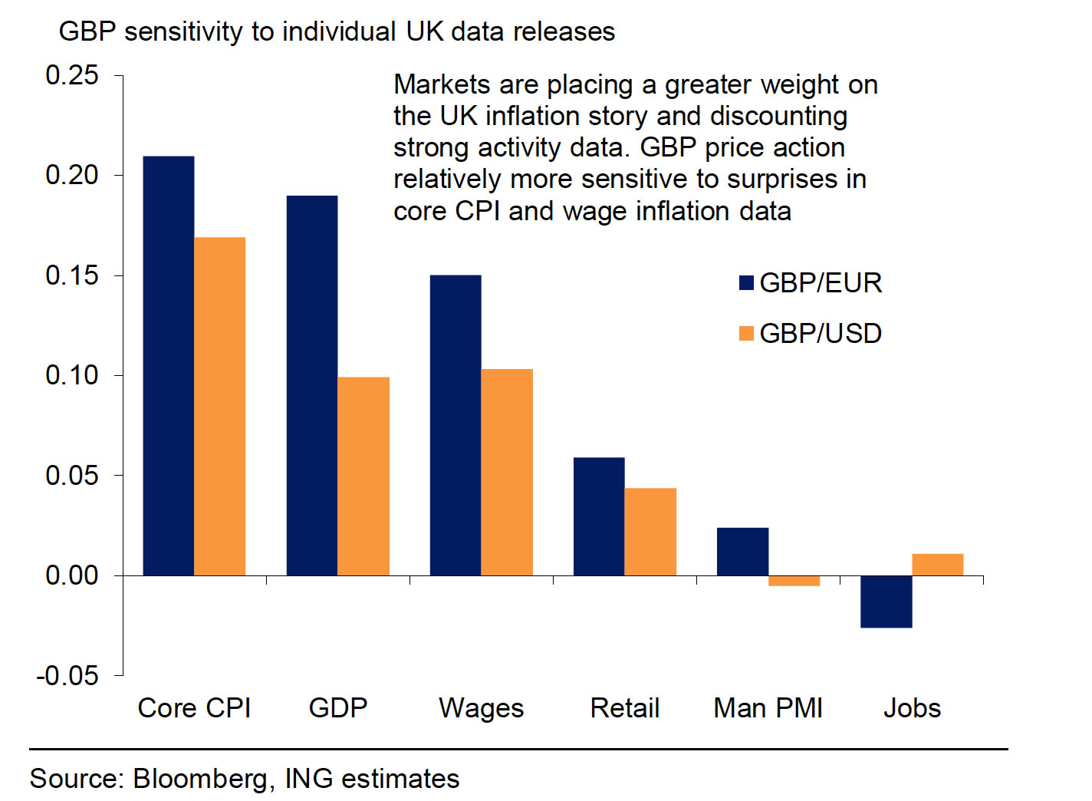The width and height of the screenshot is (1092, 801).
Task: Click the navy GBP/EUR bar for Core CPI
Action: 169,365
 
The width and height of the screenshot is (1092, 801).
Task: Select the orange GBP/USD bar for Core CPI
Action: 220,406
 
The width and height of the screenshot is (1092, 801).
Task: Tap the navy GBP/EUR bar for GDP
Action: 312,385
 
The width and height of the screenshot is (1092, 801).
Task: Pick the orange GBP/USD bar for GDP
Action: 363,476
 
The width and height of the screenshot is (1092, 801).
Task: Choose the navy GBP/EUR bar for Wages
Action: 456,425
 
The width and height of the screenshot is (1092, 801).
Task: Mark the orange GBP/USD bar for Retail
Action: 650,532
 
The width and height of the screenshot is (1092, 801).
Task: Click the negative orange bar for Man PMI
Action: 794,581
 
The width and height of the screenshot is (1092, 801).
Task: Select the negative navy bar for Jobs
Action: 886,602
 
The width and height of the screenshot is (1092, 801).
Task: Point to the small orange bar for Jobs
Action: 937,565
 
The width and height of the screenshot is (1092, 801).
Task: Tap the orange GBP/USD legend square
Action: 746,333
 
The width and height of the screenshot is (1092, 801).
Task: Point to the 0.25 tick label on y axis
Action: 72,75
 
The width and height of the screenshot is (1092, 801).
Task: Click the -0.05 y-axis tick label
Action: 67,676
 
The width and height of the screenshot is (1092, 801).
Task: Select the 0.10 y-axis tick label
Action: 72,375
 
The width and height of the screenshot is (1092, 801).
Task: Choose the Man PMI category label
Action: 768,707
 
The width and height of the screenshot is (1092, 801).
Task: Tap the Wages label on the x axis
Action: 481,707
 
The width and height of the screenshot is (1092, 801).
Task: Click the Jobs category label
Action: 912,707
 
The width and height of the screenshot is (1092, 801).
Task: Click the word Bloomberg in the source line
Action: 200,779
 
